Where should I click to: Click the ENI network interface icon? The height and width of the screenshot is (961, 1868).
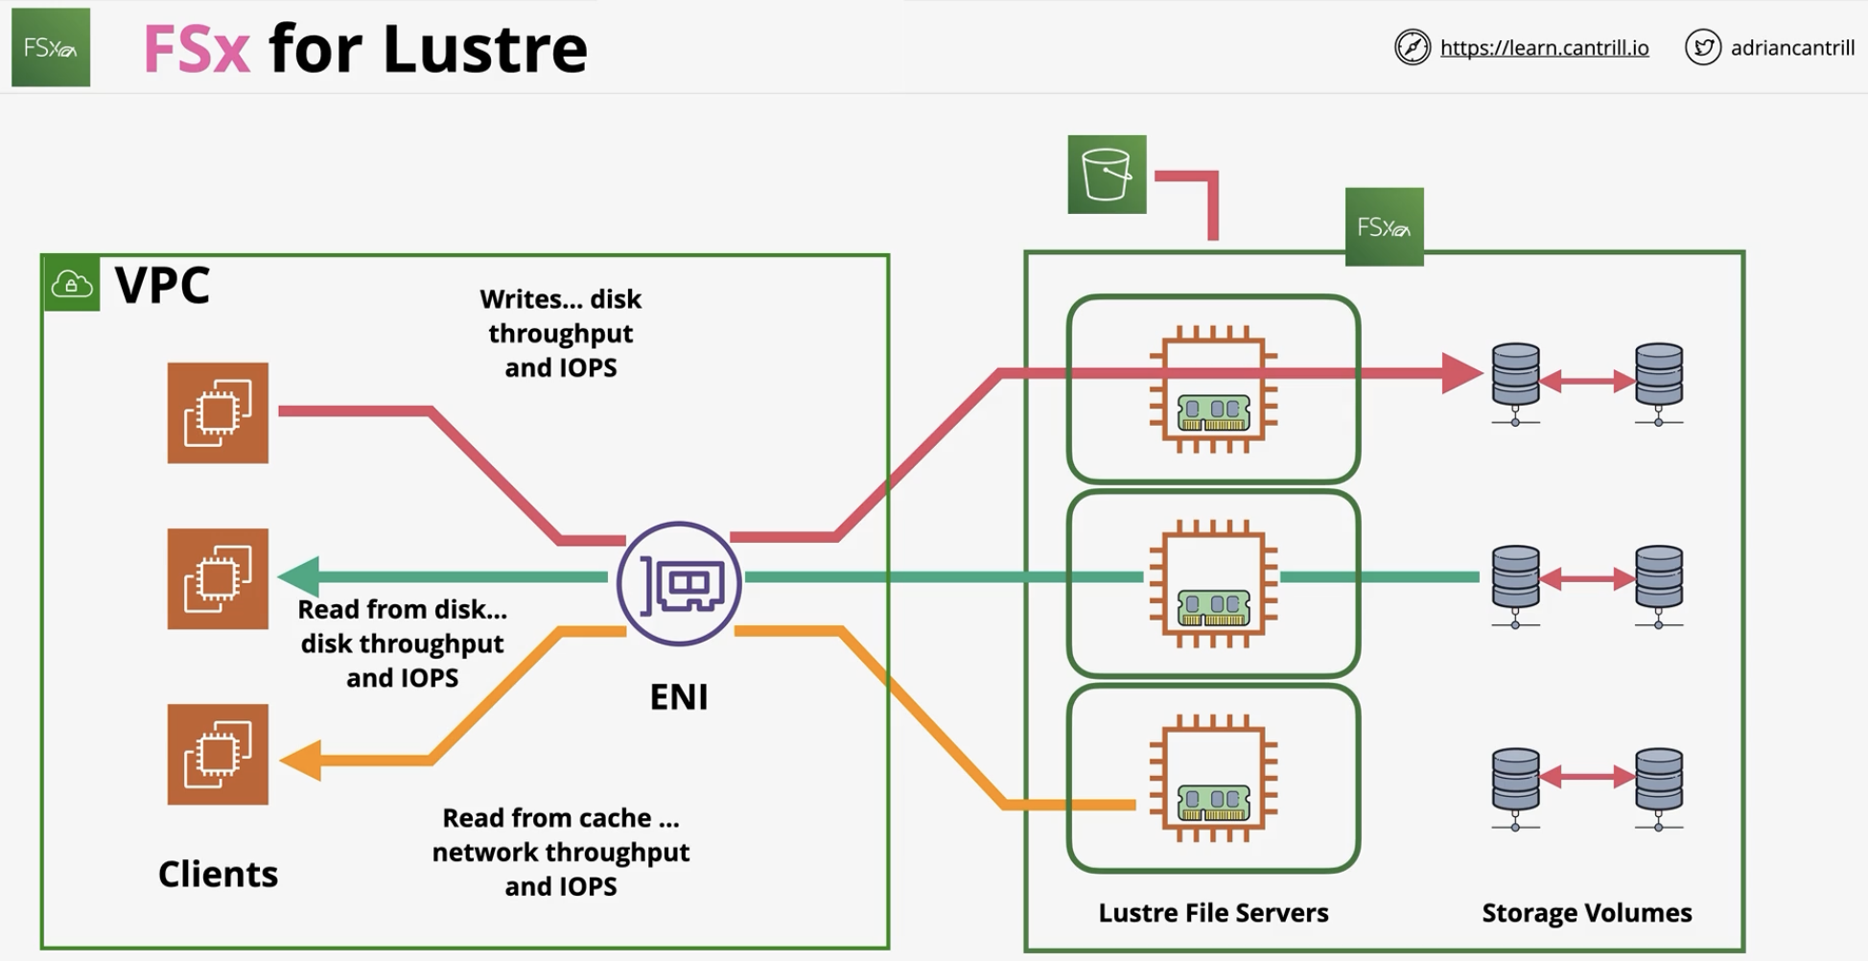point(679,583)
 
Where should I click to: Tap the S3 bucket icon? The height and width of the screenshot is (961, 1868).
point(1107,175)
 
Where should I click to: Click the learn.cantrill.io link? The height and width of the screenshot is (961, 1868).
point(1544,48)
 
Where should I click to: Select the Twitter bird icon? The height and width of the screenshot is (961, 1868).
point(1703,47)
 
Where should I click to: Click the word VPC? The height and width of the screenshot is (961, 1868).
point(162,285)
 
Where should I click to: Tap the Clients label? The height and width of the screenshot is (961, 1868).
point(218,874)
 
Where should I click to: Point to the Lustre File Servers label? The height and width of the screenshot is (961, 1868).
point(1213,912)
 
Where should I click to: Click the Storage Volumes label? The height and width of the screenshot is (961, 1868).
point(1587,912)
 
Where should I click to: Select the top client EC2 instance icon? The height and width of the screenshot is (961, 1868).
point(218,412)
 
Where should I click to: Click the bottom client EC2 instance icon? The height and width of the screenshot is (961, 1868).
point(218,754)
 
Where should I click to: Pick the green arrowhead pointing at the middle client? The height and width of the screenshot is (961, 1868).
point(298,576)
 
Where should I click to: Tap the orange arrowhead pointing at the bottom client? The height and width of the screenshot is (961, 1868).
point(300,761)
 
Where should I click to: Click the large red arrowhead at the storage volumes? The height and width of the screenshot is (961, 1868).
point(1462,373)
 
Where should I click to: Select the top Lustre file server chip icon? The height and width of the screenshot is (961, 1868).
point(1213,388)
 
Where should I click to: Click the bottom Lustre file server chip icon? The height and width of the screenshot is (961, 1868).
point(1213,778)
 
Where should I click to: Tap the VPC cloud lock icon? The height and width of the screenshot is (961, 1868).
point(72,284)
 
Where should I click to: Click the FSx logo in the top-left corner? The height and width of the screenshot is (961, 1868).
point(51,47)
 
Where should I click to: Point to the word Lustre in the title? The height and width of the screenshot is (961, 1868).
point(485,48)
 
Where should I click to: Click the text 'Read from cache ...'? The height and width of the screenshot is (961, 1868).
point(561,818)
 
